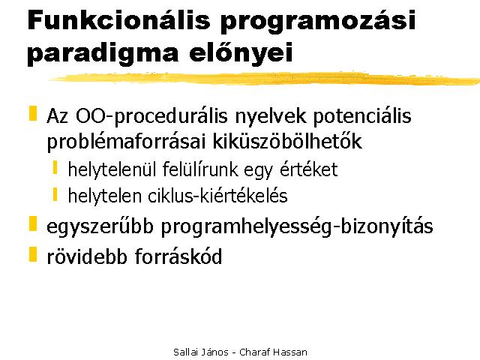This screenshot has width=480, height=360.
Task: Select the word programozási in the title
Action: click(318, 22)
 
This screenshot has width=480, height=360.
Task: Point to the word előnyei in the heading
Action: click(241, 53)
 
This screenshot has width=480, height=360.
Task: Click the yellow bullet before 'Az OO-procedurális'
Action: click(33, 113)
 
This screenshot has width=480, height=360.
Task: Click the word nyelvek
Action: click(271, 117)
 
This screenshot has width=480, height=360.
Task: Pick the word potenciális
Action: click(362, 117)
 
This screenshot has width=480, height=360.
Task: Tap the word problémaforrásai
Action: click(126, 142)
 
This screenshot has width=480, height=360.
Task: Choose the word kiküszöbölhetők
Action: click(287, 141)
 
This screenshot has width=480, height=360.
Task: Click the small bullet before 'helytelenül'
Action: click(55, 167)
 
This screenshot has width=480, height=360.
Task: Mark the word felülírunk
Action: click(200, 169)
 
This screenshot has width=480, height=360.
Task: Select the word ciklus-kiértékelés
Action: click(217, 196)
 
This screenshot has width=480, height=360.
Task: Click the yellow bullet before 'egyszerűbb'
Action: click(33, 223)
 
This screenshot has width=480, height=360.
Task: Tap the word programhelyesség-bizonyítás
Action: click(297, 226)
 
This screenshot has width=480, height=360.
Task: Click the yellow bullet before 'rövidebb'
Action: click(33, 254)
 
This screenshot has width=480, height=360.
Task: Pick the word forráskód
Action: click(178, 256)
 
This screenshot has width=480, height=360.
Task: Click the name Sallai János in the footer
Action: click(201, 352)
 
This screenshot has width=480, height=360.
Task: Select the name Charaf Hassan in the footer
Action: click(273, 352)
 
